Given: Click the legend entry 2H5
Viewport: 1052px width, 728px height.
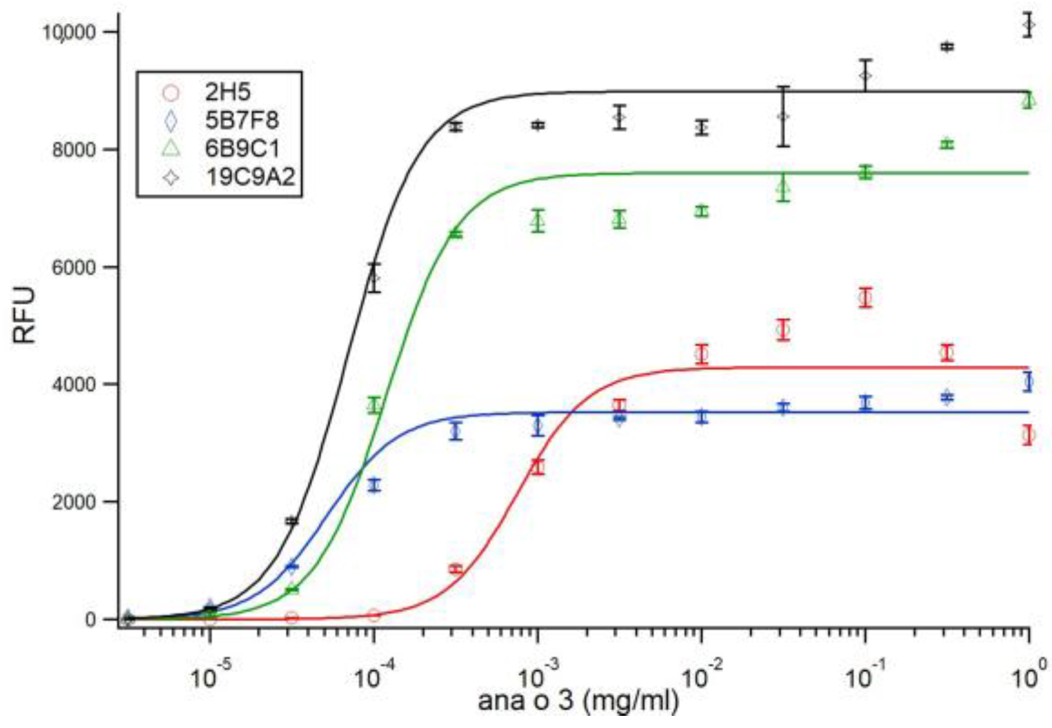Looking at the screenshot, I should tap(228, 92).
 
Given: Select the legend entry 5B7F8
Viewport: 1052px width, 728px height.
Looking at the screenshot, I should tap(242, 121).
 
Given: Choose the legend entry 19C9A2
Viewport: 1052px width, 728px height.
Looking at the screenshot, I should tap(250, 177).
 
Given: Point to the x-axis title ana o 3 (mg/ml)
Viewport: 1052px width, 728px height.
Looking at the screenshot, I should tap(578, 701).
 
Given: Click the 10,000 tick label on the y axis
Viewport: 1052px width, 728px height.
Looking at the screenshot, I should tap(69, 31).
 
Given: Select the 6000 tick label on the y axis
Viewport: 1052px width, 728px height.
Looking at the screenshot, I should tap(74, 267).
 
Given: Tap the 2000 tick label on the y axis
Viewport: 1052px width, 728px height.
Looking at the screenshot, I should tap(74, 501).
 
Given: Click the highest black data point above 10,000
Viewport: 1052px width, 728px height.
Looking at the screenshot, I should tap(1028, 25).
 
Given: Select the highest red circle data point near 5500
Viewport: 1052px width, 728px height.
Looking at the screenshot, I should tap(866, 297).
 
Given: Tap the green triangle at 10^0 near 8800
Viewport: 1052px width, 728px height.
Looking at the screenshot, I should tap(1028, 101).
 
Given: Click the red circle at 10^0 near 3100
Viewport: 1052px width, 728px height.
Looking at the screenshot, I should tap(1028, 435).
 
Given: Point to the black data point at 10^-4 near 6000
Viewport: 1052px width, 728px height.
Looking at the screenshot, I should tap(374, 278).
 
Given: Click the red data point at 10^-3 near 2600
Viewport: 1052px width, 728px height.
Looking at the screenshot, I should tap(538, 467).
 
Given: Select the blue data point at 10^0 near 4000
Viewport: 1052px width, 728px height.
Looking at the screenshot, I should tap(1028, 382).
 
